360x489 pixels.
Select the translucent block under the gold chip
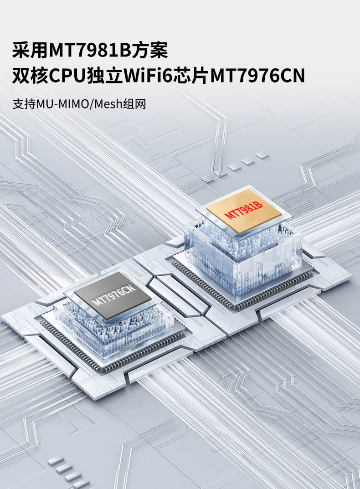click(242, 260)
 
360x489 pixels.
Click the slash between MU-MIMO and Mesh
click(92, 103)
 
